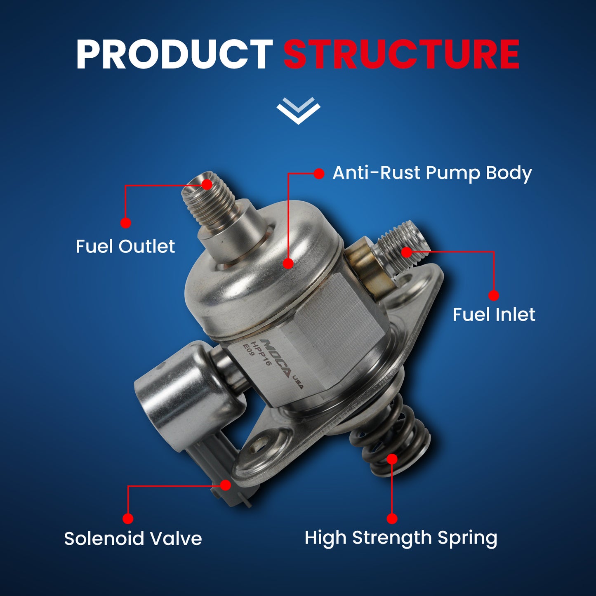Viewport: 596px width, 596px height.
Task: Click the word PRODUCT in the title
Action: pos(174,55)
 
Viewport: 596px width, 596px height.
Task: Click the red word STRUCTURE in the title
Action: pos(401,55)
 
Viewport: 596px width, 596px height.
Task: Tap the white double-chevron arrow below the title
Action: pos(298,111)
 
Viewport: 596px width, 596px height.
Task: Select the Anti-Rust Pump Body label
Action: pos(432,173)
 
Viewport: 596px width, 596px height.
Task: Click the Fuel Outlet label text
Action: pos(125,247)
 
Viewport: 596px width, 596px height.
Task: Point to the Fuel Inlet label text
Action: pos(493,315)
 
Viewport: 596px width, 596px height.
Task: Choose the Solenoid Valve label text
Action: pos(133,539)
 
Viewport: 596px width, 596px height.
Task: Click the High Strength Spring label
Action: pos(400,538)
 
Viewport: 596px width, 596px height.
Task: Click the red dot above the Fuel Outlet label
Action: pos(126,223)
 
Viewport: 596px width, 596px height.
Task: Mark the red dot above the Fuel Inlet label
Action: pos(493,295)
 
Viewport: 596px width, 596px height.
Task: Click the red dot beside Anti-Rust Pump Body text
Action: pos(319,174)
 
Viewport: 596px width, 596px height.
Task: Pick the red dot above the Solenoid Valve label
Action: pos(128,518)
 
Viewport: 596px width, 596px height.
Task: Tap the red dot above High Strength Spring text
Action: pos(392,518)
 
